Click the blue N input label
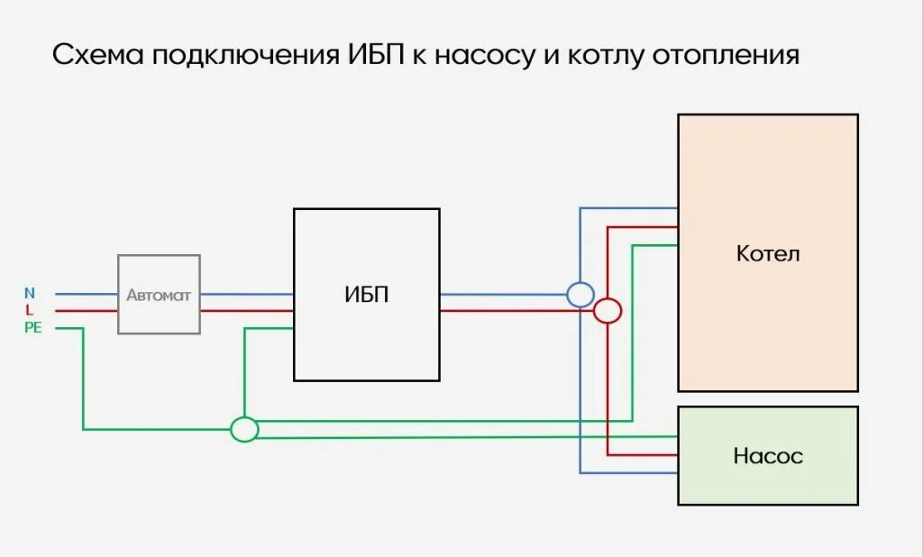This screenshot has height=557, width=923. tap(30, 293)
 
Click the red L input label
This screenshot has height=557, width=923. tap(29, 310)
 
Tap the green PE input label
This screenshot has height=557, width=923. tap(32, 328)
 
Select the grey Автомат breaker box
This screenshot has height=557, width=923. tap(159, 295)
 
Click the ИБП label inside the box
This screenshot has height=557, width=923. tap(367, 295)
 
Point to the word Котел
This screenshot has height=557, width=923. tap(768, 253)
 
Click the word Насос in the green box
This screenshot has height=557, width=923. tap(768, 456)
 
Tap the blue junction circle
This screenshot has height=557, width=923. tap(580, 294)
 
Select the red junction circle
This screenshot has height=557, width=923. tap(608, 311)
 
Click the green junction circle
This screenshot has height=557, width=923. tap(244, 429)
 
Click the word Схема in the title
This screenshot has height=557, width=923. tap(97, 55)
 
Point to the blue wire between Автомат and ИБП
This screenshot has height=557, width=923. tap(246, 294)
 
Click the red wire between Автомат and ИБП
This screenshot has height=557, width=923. tap(246, 311)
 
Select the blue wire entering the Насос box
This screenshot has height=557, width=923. tap(631, 472)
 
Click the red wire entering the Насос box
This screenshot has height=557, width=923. tap(644, 454)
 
